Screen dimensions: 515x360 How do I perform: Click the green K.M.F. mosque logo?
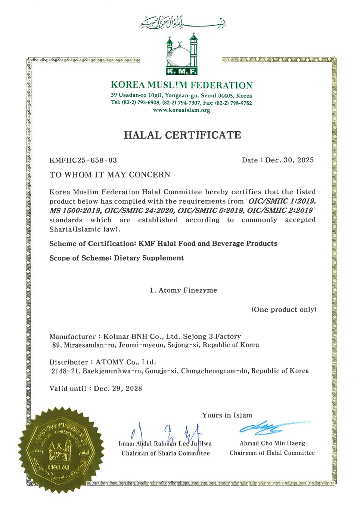click(x=182, y=55)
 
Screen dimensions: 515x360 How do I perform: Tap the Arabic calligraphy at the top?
click(x=183, y=22)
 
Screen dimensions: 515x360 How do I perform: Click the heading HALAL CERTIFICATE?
click(x=182, y=135)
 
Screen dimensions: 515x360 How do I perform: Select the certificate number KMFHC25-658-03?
click(x=83, y=160)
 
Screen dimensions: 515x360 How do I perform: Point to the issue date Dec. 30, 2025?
click(x=289, y=160)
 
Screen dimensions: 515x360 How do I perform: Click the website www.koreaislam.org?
click(x=181, y=110)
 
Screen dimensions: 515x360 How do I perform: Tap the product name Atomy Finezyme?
click(x=187, y=290)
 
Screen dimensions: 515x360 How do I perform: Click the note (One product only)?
click(x=284, y=309)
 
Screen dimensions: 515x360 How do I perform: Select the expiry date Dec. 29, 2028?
click(x=118, y=389)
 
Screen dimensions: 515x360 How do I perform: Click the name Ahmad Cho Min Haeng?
click(x=272, y=443)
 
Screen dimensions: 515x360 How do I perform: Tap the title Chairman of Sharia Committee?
click(x=165, y=453)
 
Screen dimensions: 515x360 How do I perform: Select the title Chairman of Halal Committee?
click(x=272, y=453)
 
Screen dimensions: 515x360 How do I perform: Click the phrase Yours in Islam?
click(x=227, y=415)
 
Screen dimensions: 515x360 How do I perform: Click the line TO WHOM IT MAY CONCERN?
click(x=110, y=175)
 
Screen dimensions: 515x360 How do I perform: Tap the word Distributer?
click(x=69, y=362)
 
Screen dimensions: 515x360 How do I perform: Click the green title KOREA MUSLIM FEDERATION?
click(x=181, y=85)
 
